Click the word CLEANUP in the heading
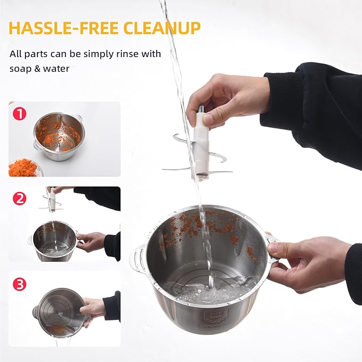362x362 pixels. (x=162, y=28)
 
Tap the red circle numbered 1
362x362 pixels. (x=19, y=114)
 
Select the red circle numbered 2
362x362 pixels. (x=19, y=198)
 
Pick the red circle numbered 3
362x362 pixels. (x=19, y=284)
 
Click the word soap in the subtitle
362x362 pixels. (x=20, y=69)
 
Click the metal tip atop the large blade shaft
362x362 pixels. (x=201, y=109)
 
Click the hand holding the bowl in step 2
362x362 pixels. (x=91, y=242)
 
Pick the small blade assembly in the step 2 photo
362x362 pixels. (x=52, y=201)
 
